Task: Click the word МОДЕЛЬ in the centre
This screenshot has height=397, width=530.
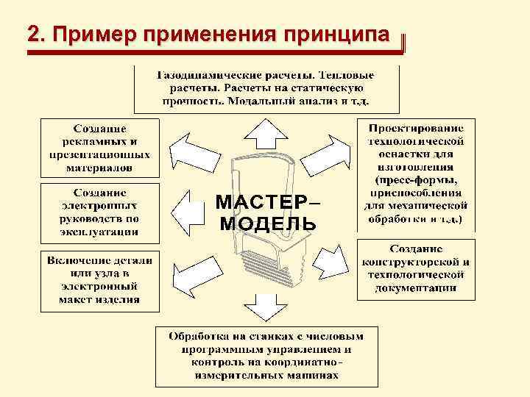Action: (267, 222)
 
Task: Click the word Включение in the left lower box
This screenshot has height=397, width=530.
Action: (79, 261)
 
